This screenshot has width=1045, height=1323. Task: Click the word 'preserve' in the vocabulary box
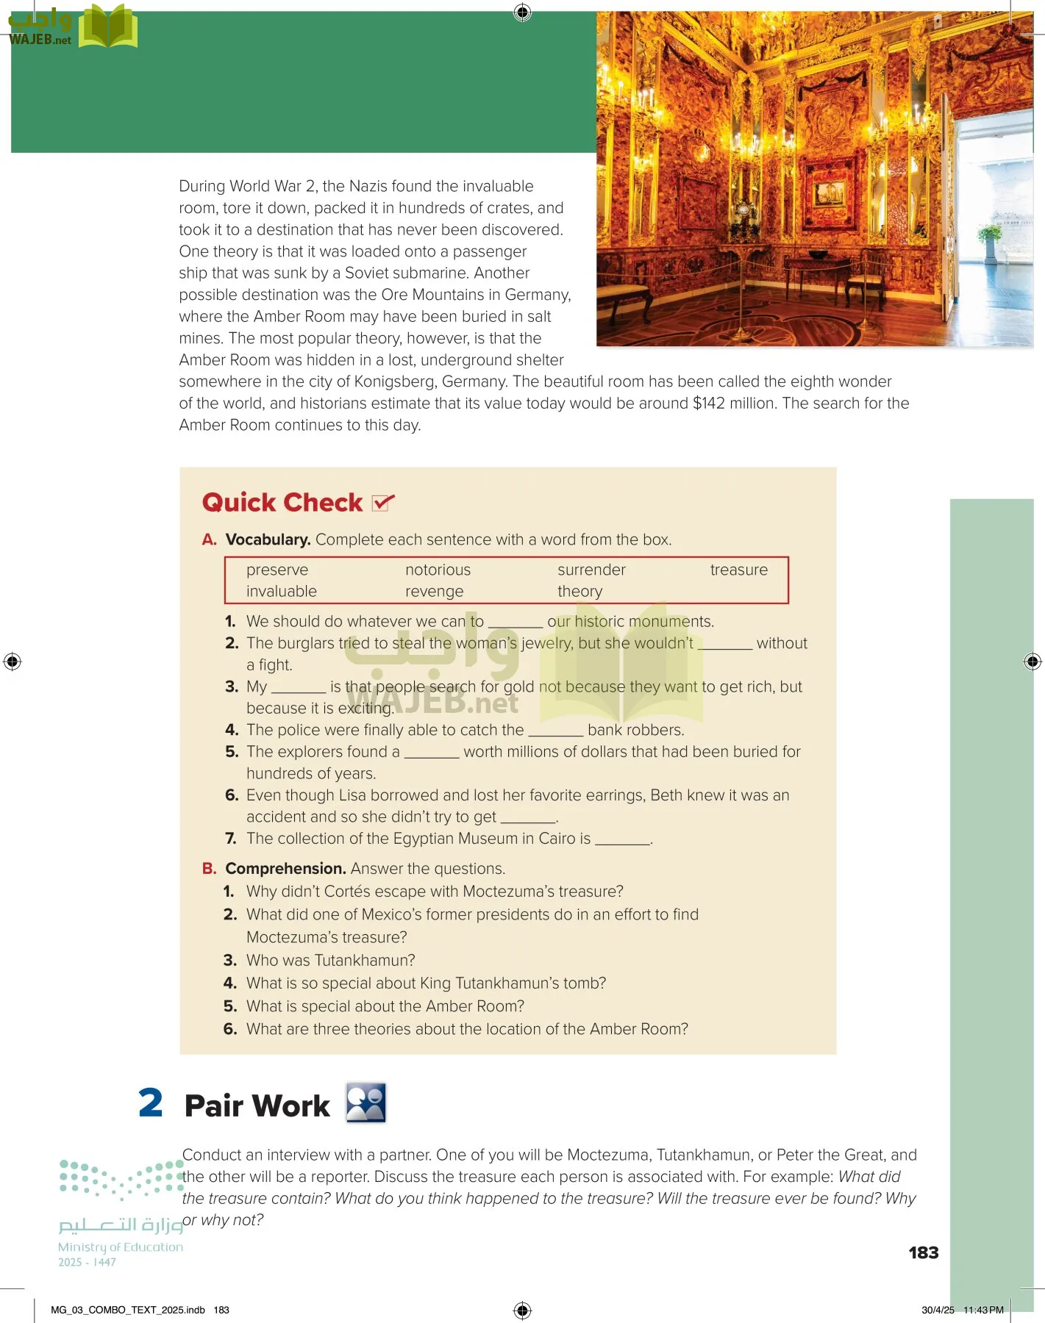pyautogui.click(x=277, y=570)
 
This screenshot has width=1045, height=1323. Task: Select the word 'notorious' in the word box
pyautogui.click(x=438, y=570)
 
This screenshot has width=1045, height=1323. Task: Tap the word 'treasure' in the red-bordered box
pyautogui.click(x=738, y=570)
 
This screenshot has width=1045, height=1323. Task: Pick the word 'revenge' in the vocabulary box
pyautogui.click(x=434, y=592)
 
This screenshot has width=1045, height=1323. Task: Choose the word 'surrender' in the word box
pyautogui.click(x=591, y=570)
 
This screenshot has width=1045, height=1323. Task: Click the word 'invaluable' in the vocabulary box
pyautogui.click(x=281, y=592)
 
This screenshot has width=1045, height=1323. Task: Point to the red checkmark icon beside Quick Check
pyautogui.click(x=383, y=503)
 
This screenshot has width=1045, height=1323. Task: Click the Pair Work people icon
pyautogui.click(x=366, y=1103)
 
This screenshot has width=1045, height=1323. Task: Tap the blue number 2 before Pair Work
pyautogui.click(x=151, y=1103)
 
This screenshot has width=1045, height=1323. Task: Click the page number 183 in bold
pyautogui.click(x=923, y=1253)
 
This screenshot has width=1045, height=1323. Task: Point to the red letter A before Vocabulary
pyautogui.click(x=209, y=539)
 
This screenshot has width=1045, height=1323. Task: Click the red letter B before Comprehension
pyautogui.click(x=209, y=869)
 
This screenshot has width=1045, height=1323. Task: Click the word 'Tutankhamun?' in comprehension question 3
pyautogui.click(x=365, y=961)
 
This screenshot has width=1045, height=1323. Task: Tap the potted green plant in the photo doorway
pyautogui.click(x=990, y=239)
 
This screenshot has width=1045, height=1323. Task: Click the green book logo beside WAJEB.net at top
pyautogui.click(x=108, y=26)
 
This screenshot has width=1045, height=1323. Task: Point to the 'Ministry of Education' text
pyautogui.click(x=121, y=1247)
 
